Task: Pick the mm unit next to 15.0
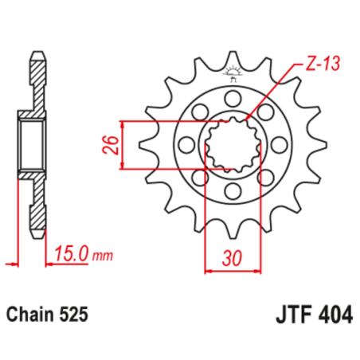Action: pos(103,256)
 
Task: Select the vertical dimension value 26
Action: pos(112,145)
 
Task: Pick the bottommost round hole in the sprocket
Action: pos(233,192)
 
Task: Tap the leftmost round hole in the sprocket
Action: pos(186,145)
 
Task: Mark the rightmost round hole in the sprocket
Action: pos(280,145)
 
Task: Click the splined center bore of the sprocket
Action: pos(233,145)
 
